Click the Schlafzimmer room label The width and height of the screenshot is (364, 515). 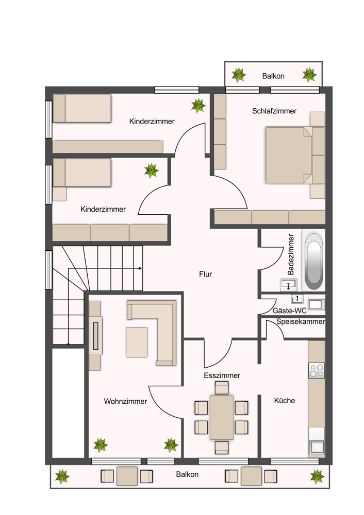(274, 111)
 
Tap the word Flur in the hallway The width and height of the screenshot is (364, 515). (206, 274)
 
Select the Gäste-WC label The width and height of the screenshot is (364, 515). (289, 311)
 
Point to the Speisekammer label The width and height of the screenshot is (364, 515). (301, 321)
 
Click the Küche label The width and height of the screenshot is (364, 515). (285, 400)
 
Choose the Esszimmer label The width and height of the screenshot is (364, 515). (222, 375)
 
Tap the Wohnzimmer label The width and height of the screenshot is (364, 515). (125, 401)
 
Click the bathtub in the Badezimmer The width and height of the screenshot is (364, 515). (313, 261)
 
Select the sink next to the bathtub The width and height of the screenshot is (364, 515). (289, 285)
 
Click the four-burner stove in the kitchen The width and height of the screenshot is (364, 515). (317, 370)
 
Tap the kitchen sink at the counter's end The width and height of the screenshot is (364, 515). (317, 447)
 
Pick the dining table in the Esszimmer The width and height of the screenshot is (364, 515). (222, 417)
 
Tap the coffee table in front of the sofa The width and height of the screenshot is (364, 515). (137, 342)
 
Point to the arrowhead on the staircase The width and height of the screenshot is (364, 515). (140, 268)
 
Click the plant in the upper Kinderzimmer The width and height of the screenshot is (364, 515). (198, 106)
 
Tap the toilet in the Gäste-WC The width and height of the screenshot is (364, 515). (317, 304)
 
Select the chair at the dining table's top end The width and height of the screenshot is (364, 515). (222, 388)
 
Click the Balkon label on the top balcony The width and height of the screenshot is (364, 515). (273, 76)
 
